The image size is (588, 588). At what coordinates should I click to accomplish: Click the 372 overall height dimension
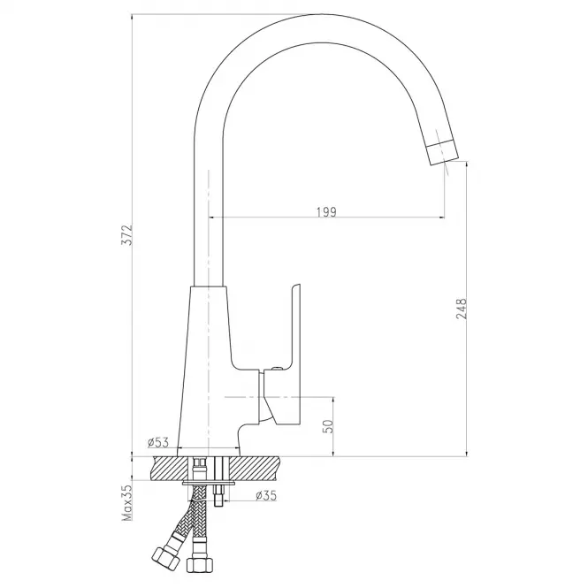128,235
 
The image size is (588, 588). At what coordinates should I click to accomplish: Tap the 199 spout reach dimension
327,212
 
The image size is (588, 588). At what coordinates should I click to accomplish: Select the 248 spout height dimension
462,309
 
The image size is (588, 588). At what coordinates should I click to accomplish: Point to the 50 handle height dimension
328,426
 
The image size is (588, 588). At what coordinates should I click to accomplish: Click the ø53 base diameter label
158,442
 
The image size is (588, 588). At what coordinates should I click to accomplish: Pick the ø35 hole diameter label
266,496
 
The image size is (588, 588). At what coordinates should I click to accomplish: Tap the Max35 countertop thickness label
128,502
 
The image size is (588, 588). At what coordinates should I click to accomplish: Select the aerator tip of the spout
443,153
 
